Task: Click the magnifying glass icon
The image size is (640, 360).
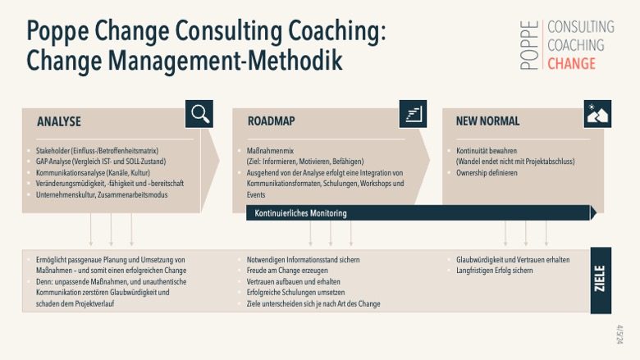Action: [x=199, y=114]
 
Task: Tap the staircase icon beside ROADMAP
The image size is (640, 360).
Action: [x=413, y=114]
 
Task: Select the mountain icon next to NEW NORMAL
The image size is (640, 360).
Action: [x=597, y=114]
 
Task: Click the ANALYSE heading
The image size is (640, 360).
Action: [x=59, y=121]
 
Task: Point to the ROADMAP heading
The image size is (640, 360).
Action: [x=271, y=121]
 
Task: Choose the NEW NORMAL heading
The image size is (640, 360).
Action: [x=487, y=121]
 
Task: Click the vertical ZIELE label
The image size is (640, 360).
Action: [x=600, y=279]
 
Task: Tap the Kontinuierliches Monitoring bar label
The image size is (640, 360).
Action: [x=300, y=213]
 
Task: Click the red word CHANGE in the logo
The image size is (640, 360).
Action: [x=571, y=64]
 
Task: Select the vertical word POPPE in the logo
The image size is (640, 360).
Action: [x=529, y=45]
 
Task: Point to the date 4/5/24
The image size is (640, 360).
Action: [x=619, y=335]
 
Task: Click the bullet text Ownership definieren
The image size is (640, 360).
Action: [x=487, y=173]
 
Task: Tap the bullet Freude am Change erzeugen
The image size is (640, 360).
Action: [x=287, y=271]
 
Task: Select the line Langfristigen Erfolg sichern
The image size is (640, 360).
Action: [x=494, y=271]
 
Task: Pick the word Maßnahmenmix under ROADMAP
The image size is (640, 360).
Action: [x=270, y=151]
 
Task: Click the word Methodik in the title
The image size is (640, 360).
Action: [x=295, y=61]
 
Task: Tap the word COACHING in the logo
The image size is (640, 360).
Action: [x=575, y=45]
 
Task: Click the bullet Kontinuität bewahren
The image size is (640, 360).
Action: [x=487, y=151]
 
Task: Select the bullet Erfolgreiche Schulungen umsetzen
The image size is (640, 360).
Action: [x=295, y=293]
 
